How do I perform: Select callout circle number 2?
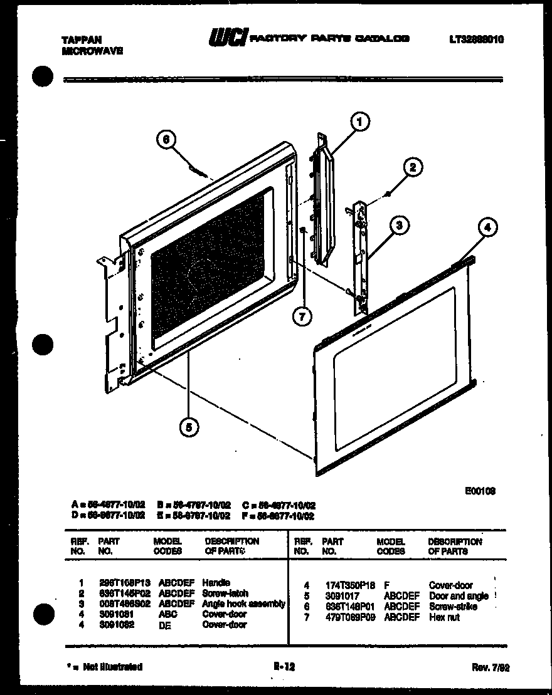tap(412, 167)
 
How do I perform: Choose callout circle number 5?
tap(188, 427)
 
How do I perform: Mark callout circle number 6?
tap(166, 140)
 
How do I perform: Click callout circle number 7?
tap(302, 317)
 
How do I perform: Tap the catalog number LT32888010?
tap(475, 39)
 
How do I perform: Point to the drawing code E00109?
tap(482, 491)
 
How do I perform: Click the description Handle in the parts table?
tap(216, 582)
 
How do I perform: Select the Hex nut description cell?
tap(444, 617)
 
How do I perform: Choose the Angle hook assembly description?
tap(243, 604)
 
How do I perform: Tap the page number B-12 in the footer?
tap(284, 667)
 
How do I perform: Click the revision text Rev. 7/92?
tap(490, 668)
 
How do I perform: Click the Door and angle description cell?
tap(459, 596)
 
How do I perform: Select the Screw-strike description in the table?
tap(453, 607)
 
